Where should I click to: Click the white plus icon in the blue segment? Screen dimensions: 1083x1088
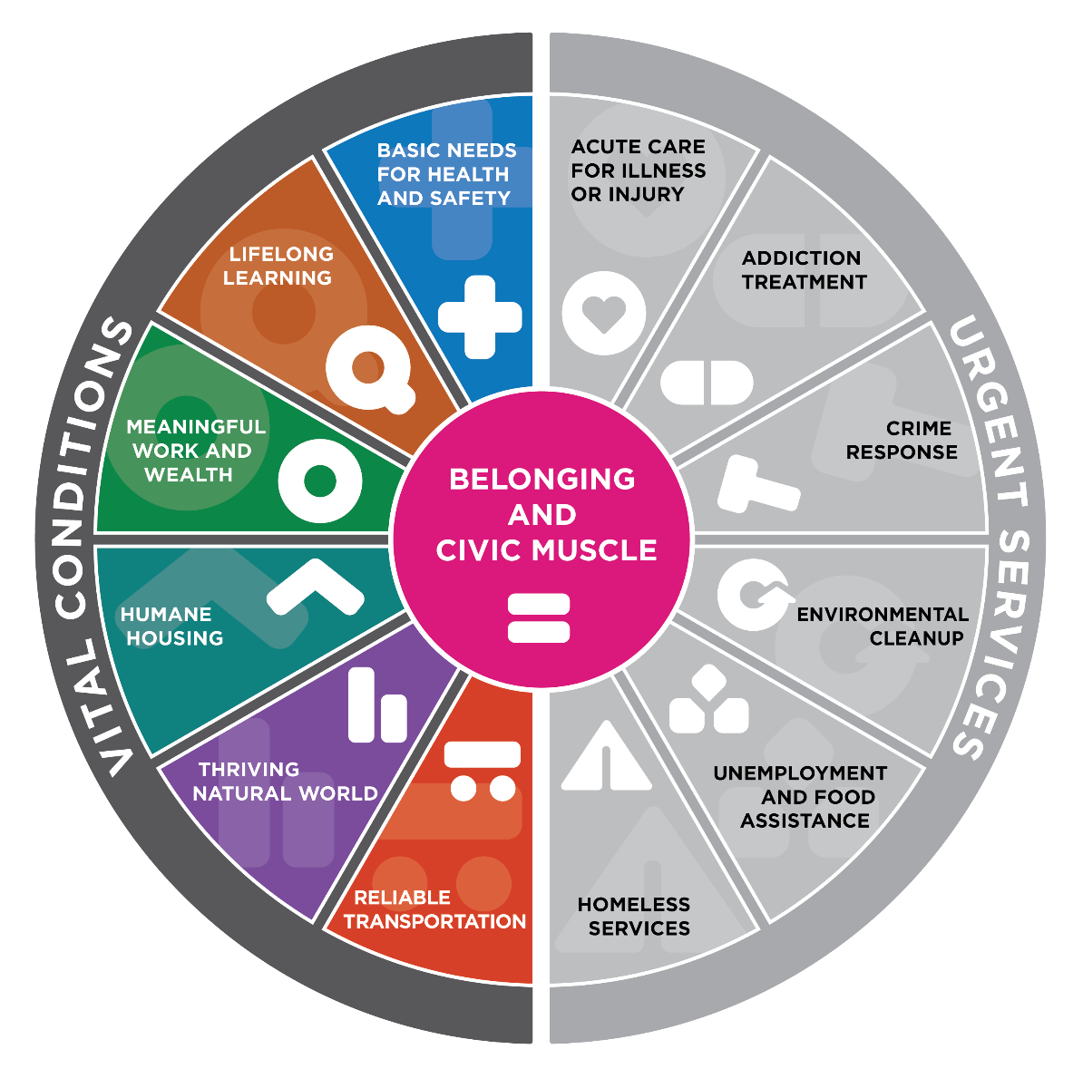click(x=480, y=316)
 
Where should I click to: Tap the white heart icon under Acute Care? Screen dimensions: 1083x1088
click(x=603, y=314)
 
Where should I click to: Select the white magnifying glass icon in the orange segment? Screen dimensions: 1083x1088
click(x=370, y=370)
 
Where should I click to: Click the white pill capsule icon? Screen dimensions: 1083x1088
click(x=707, y=383)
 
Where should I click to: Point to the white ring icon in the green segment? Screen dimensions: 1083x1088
click(x=320, y=481)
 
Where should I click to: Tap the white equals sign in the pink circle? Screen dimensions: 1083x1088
click(x=539, y=618)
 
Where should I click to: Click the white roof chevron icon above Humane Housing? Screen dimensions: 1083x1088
click(x=316, y=588)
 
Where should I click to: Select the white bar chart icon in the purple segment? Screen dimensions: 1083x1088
click(x=377, y=705)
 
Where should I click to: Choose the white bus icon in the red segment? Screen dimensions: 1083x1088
click(x=482, y=772)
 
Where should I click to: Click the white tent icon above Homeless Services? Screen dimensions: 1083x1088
click(x=606, y=755)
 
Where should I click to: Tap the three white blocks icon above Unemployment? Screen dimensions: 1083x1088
click(x=708, y=700)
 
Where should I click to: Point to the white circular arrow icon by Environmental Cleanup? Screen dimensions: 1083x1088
click(x=755, y=595)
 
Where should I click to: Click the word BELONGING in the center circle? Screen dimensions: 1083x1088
click(x=541, y=479)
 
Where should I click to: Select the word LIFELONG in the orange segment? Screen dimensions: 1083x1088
click(x=281, y=254)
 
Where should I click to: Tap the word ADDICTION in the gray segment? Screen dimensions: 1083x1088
click(x=801, y=258)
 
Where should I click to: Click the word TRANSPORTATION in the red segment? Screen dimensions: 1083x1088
click(x=435, y=921)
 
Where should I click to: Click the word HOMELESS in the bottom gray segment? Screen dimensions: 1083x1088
click(x=633, y=905)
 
